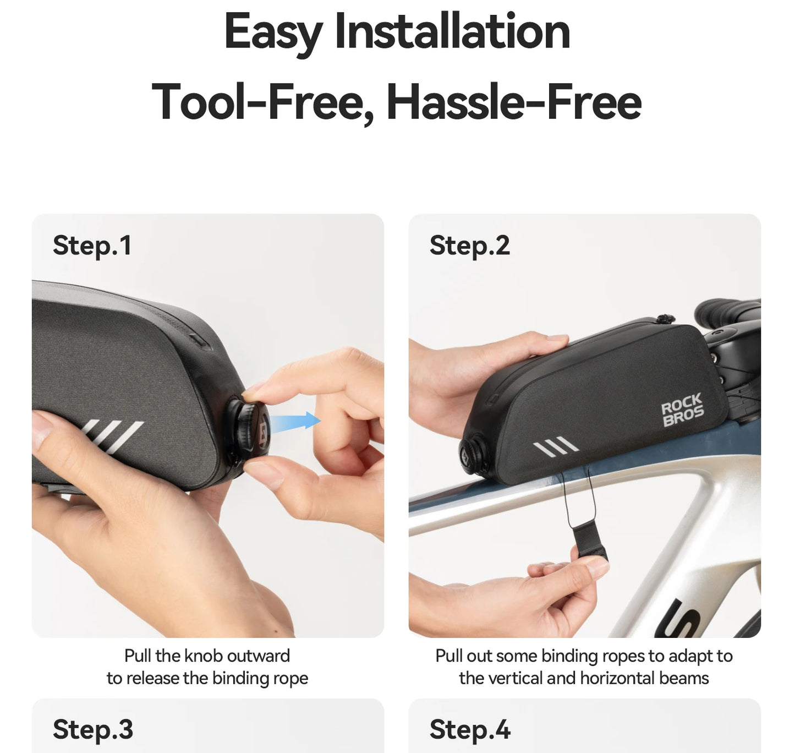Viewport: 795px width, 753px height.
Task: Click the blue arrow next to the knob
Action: click(x=294, y=422)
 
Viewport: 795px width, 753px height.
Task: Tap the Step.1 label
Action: click(x=92, y=245)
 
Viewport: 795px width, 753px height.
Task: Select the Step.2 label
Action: click(x=469, y=245)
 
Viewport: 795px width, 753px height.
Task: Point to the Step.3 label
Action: click(x=93, y=729)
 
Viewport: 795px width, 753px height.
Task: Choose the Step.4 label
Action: click(x=470, y=729)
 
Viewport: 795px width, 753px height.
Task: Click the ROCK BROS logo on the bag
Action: click(x=683, y=410)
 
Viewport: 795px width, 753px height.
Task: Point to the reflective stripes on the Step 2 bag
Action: click(x=556, y=444)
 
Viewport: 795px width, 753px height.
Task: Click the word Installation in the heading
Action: click(x=452, y=31)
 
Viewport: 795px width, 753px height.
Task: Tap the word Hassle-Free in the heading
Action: click(x=514, y=101)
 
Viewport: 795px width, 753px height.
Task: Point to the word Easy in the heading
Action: click(x=274, y=33)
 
